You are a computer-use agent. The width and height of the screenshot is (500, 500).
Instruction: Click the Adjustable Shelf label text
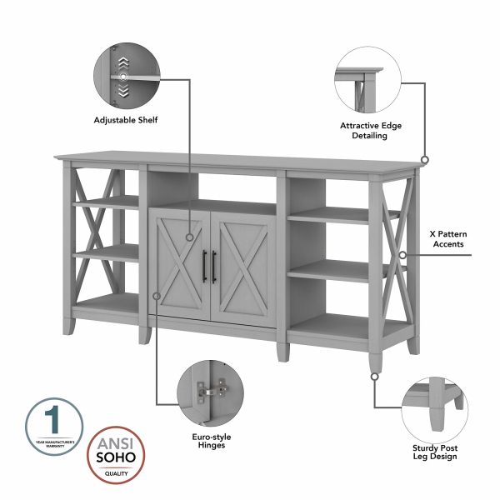click(126, 120)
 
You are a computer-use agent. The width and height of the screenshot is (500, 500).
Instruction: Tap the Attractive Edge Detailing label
click(371, 130)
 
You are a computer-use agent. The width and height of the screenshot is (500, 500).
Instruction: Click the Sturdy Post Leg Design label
click(435, 452)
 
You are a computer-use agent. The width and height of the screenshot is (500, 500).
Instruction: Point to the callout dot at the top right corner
click(424, 158)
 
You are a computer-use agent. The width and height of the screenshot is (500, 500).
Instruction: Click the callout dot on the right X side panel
click(402, 255)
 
